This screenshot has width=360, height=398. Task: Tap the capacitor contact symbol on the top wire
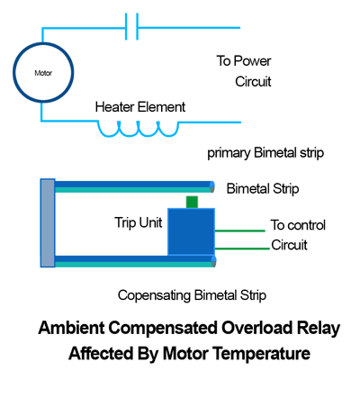(x=131, y=26)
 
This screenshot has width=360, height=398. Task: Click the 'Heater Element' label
(x=140, y=107)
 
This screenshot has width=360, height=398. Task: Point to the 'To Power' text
(x=244, y=60)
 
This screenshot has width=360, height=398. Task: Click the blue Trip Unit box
(x=191, y=231)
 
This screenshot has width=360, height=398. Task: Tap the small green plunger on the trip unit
(x=192, y=202)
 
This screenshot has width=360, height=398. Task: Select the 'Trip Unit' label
(x=139, y=222)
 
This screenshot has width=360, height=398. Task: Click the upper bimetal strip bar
(x=134, y=186)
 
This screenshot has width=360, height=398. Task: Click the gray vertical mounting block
(x=48, y=223)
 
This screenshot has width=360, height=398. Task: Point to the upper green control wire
(x=240, y=231)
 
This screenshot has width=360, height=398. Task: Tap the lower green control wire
(x=242, y=249)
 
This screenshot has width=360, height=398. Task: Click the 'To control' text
(x=298, y=225)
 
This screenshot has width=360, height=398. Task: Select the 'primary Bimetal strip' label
(x=265, y=153)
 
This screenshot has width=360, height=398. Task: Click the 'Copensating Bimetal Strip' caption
(x=192, y=295)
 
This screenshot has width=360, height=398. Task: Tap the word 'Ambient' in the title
(x=71, y=328)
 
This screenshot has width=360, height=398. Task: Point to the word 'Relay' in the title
(x=319, y=328)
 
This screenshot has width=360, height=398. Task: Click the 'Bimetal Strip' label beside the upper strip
(x=263, y=189)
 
